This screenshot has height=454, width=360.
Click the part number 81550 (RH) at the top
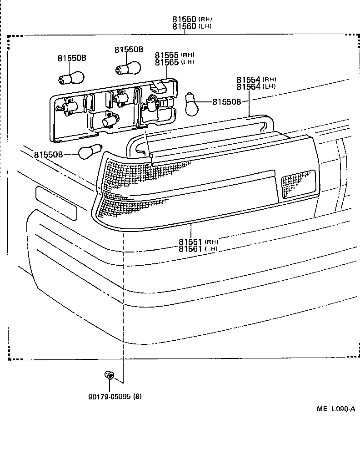[x=191, y=20]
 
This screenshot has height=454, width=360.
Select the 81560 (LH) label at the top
[x=191, y=26]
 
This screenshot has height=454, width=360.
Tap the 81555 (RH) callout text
[x=174, y=55]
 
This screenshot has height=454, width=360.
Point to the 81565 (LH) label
[x=174, y=62]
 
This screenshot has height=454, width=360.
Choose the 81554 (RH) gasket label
[x=256, y=80]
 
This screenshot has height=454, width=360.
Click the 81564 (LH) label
[x=256, y=87]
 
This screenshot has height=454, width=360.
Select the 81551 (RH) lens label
[x=198, y=242]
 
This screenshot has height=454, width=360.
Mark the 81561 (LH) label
[x=198, y=249]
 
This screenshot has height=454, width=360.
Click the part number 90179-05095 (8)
[x=115, y=396]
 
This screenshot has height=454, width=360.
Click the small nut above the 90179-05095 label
[x=110, y=376]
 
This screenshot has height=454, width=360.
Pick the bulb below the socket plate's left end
[x=90, y=152]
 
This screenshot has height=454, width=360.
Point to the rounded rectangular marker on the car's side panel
[x=56, y=202]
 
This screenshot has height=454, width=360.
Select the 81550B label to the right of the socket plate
[x=226, y=102]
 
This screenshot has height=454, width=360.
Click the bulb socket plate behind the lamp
[x=114, y=109]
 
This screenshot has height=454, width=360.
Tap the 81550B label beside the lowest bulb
[x=48, y=155]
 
